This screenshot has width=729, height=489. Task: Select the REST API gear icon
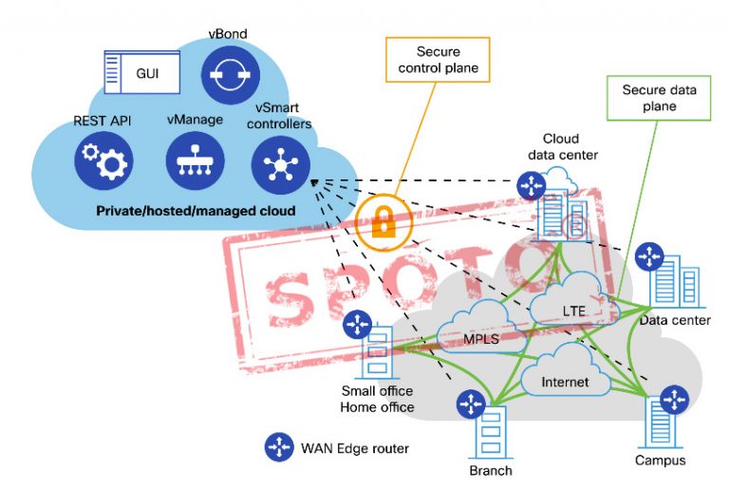(x=103, y=162)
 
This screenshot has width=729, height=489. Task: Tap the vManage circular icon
(x=194, y=162)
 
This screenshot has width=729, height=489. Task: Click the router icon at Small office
(x=357, y=326)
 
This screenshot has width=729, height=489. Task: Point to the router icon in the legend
(x=278, y=446)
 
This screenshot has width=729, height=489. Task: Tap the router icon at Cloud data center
(x=532, y=185)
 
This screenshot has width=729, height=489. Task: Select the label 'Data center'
(x=675, y=320)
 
